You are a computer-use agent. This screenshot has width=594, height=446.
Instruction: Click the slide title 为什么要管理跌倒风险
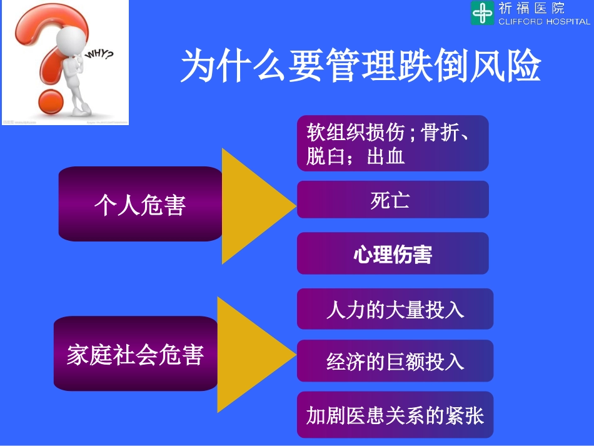(361, 66)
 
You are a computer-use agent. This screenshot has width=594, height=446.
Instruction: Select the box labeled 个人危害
(140, 205)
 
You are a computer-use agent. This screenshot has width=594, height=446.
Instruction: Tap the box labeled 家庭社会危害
(136, 354)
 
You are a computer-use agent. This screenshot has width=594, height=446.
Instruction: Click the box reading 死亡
(392, 200)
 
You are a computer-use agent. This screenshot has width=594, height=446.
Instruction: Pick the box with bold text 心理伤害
(392, 254)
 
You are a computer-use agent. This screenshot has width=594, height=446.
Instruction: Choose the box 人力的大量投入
(395, 309)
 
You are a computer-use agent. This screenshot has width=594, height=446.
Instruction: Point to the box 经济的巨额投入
(395, 362)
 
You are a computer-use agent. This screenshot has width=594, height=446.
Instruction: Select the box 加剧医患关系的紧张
(395, 415)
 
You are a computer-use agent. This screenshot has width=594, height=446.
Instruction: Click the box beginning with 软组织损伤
(392, 143)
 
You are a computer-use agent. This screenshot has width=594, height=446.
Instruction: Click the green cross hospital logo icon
(482, 13)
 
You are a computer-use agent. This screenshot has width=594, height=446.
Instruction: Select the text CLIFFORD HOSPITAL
(543, 21)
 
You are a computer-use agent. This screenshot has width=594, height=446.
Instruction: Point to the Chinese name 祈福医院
(531, 8)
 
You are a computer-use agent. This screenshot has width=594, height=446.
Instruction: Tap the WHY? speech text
(99, 56)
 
